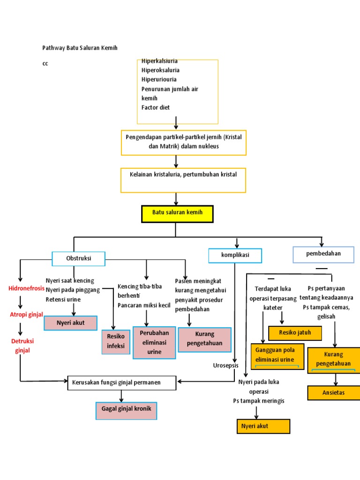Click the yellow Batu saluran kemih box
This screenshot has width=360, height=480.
click(x=177, y=213)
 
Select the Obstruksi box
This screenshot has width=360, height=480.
click(x=79, y=258)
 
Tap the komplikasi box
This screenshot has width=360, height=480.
click(x=235, y=255)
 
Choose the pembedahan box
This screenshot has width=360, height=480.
click(x=323, y=254)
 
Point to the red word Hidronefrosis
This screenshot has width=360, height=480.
click(x=27, y=288)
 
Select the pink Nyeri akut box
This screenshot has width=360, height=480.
click(x=70, y=323)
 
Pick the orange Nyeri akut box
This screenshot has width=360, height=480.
click(x=263, y=427)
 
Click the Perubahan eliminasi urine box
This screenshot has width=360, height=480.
click(x=151, y=342)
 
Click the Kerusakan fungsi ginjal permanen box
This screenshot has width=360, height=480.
click(x=122, y=382)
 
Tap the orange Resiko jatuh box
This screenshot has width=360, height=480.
click(x=295, y=333)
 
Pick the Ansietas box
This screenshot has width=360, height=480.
click(x=334, y=393)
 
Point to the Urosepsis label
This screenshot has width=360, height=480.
click(x=226, y=366)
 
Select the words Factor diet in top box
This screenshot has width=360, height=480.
click(x=156, y=107)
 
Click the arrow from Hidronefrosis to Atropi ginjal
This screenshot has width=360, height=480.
click(x=20, y=302)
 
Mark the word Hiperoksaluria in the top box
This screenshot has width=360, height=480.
click(x=160, y=70)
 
